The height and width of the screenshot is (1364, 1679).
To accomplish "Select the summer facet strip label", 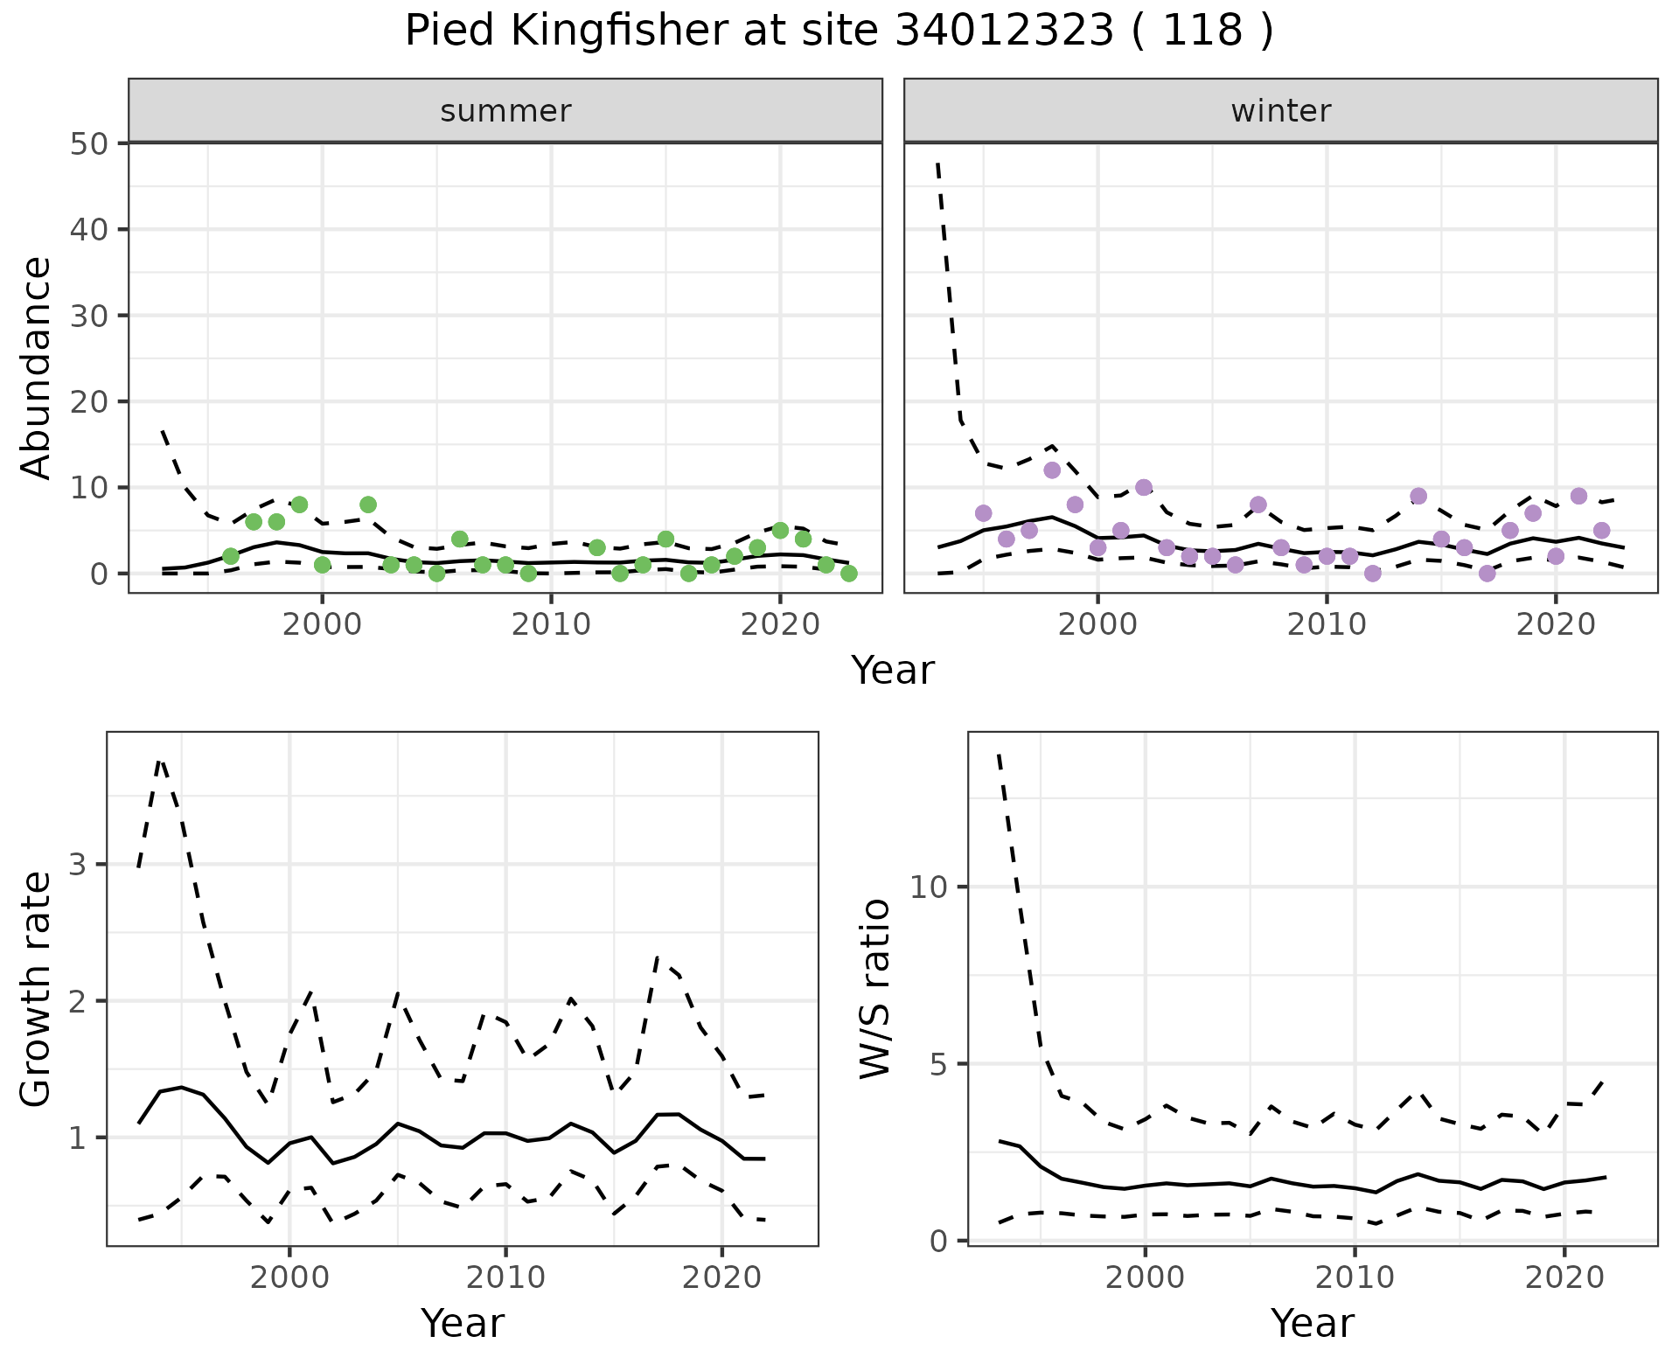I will pos(505,111).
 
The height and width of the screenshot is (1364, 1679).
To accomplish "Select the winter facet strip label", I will pos(1280,111).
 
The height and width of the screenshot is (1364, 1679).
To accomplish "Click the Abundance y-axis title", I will pos(36,367).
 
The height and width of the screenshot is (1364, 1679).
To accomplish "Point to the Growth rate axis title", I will pos(36,989).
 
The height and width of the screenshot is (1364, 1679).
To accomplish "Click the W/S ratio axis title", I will pos(874,989).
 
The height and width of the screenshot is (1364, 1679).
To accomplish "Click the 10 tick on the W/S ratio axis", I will pos(929,887).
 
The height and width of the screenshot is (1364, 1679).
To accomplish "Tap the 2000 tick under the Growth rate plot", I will pos(289,1277).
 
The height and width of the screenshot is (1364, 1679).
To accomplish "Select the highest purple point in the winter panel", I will pos(1052,470).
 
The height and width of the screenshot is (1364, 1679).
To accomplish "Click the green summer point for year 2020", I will pos(780,531).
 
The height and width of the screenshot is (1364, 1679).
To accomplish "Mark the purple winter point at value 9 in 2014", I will pos(1418,497).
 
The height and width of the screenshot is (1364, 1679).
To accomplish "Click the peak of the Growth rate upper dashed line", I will pos(160,761).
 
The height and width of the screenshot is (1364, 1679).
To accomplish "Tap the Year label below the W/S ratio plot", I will pos(1312,1323).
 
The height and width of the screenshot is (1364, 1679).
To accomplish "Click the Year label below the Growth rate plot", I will pos(463,1323).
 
